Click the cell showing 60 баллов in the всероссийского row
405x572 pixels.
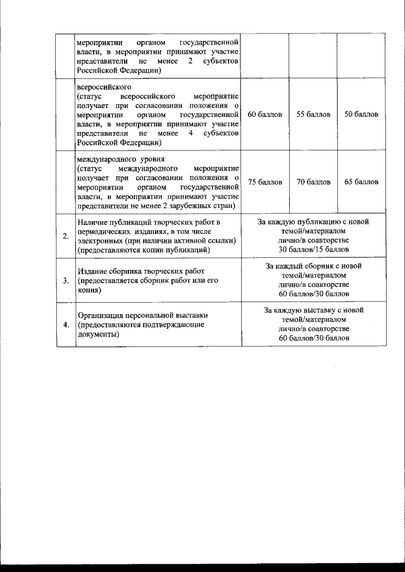point(265,114)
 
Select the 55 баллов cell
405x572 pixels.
point(313,114)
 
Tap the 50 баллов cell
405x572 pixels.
point(361,114)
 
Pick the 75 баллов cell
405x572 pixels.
point(265,182)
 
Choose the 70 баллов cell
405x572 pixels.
point(313,182)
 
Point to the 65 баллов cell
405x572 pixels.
point(361,182)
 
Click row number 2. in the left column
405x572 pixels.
point(66,236)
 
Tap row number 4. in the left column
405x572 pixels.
point(66,325)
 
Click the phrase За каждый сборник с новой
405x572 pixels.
point(313,266)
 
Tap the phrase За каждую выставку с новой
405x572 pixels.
point(313,310)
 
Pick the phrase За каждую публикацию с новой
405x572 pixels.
point(313,222)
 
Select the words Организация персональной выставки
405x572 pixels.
point(143,315)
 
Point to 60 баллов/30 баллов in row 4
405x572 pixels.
point(313,339)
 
